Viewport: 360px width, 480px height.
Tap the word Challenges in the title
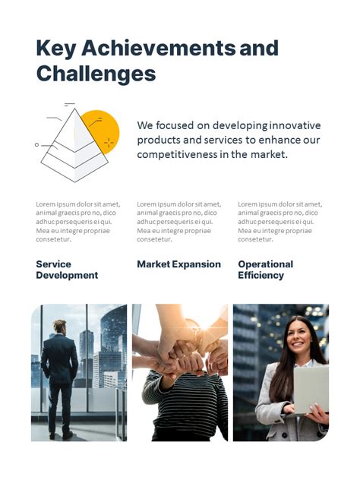96,74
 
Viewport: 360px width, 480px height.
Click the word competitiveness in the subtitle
181,154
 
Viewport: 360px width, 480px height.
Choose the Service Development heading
67,270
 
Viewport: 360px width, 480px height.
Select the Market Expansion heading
178,264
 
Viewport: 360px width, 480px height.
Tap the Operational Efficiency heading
265,270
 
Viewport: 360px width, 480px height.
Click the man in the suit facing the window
60,376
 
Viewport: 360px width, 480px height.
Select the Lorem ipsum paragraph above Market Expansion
178,222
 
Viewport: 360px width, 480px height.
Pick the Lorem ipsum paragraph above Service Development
77,222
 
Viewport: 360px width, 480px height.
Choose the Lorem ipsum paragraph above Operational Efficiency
279,222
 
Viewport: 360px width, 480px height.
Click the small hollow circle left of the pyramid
36,144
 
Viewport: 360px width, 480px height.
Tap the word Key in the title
55,49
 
